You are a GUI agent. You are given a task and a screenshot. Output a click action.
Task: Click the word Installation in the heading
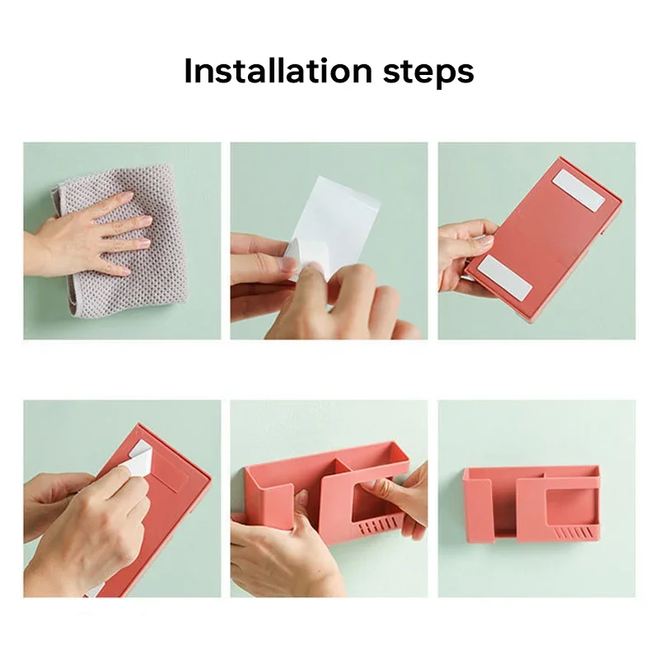tap(278, 71)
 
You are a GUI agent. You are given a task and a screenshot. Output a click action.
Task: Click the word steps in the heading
tap(428, 73)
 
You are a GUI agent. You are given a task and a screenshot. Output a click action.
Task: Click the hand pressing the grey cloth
tap(84, 236)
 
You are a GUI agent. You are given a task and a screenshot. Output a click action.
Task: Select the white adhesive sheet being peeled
tap(336, 218)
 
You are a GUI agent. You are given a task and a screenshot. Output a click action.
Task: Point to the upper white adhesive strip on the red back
tap(579, 191)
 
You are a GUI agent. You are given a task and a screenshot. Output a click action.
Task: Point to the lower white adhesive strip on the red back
tap(506, 278)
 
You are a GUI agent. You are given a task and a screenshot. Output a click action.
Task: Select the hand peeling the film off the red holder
tap(84, 526)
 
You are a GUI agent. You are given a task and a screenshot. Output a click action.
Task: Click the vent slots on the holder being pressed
tap(377, 526)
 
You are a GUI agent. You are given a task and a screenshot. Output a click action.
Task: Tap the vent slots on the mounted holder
tap(574, 533)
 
